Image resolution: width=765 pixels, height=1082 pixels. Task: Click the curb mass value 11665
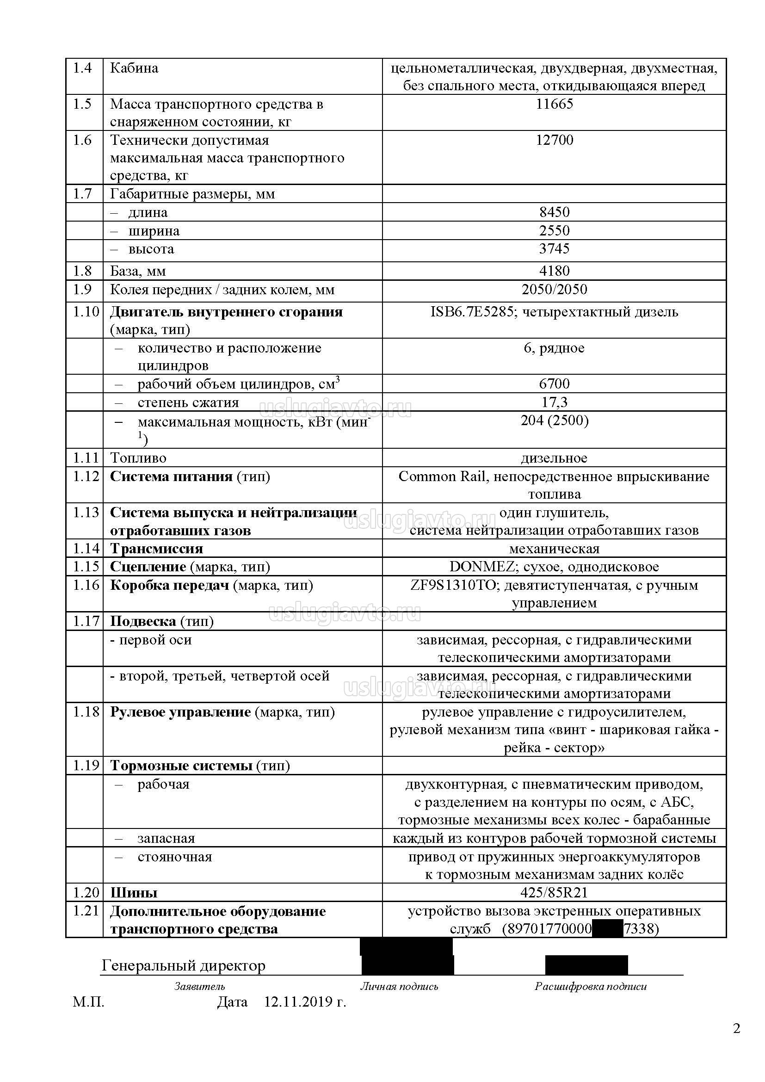[x=555, y=104]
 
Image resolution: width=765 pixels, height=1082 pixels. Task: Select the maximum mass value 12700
[x=555, y=140]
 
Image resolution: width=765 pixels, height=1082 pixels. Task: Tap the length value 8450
[x=555, y=212]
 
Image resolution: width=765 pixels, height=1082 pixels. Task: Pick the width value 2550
[x=555, y=230]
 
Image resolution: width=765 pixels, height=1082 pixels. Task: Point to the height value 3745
[x=555, y=248]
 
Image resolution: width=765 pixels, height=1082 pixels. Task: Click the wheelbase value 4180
[x=555, y=271]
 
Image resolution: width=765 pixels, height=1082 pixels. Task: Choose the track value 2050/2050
[x=555, y=289]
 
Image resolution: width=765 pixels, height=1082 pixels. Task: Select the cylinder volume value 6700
[x=555, y=383]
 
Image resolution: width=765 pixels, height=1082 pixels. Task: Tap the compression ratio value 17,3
[x=555, y=402]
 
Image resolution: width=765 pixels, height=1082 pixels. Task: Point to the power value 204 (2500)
[x=555, y=420]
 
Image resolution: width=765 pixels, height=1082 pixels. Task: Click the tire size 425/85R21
[x=555, y=892]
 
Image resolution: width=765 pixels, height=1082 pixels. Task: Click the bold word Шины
[x=134, y=893]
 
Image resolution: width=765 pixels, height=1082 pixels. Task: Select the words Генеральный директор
[x=184, y=965]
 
